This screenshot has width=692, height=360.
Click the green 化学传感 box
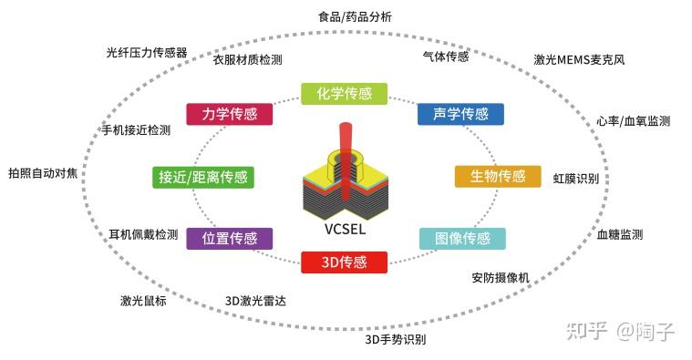point(344,94)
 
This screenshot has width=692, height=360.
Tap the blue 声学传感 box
point(460,114)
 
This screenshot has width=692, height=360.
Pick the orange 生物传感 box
point(491,176)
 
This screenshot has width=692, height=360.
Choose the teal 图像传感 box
point(461,239)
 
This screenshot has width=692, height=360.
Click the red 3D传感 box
point(344,262)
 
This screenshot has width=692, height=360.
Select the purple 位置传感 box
point(229,239)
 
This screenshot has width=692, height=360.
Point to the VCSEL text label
point(344,229)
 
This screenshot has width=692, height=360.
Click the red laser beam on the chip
point(345,146)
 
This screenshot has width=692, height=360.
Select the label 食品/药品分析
point(355,17)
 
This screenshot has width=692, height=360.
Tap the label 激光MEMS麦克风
point(578,60)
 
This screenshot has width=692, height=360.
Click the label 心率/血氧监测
point(633,120)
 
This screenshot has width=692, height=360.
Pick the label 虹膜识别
point(576,178)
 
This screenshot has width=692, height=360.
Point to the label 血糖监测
point(619,234)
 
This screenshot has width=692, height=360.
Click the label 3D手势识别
point(395,340)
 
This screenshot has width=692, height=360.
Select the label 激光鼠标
point(143,301)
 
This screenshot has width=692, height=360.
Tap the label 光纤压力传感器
point(147,52)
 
